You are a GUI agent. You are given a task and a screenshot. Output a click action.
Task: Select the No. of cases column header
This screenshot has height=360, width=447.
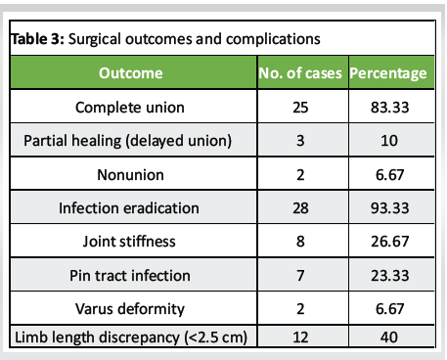(300, 72)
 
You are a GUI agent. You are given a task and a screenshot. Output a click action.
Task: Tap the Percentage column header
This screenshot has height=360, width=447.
(388, 72)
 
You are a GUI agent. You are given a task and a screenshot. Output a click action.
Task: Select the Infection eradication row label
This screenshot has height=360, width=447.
(130, 208)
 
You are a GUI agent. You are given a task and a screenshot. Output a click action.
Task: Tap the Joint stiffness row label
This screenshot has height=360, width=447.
(130, 242)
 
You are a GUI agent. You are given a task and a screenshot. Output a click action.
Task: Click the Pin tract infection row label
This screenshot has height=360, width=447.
(130, 276)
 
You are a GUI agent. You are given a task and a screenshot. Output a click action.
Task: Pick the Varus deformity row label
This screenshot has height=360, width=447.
(130, 309)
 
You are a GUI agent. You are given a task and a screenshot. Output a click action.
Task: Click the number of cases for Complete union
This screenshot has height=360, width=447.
(300, 107)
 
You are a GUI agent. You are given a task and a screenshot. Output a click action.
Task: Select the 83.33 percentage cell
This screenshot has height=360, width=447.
(388, 107)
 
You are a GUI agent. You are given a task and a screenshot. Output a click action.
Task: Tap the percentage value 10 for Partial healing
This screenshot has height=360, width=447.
(388, 141)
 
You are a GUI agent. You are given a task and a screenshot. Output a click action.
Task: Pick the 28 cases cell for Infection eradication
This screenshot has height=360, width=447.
(300, 208)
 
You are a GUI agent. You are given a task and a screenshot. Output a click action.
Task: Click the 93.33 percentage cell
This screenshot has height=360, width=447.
(388, 208)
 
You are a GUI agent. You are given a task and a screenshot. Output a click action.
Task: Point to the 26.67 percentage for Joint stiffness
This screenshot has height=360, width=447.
(388, 242)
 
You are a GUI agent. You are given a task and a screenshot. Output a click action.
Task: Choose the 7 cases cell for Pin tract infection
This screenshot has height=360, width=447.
(300, 276)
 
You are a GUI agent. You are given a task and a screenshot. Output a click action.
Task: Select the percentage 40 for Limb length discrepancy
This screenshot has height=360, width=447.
(388, 337)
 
